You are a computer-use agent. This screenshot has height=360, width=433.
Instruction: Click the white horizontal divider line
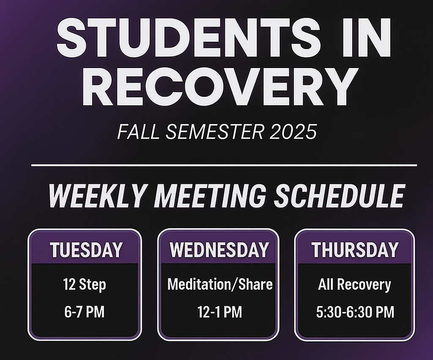[224, 165]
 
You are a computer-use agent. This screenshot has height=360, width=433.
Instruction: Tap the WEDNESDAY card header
[219, 250]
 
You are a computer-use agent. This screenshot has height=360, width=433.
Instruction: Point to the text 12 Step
[84, 284]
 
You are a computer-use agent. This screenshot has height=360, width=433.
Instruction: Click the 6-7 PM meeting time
[84, 313]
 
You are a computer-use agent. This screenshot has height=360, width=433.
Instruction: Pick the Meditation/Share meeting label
[220, 284]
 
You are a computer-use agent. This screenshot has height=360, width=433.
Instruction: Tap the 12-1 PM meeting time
[219, 313]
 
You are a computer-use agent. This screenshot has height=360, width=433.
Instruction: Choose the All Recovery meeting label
[354, 284]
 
